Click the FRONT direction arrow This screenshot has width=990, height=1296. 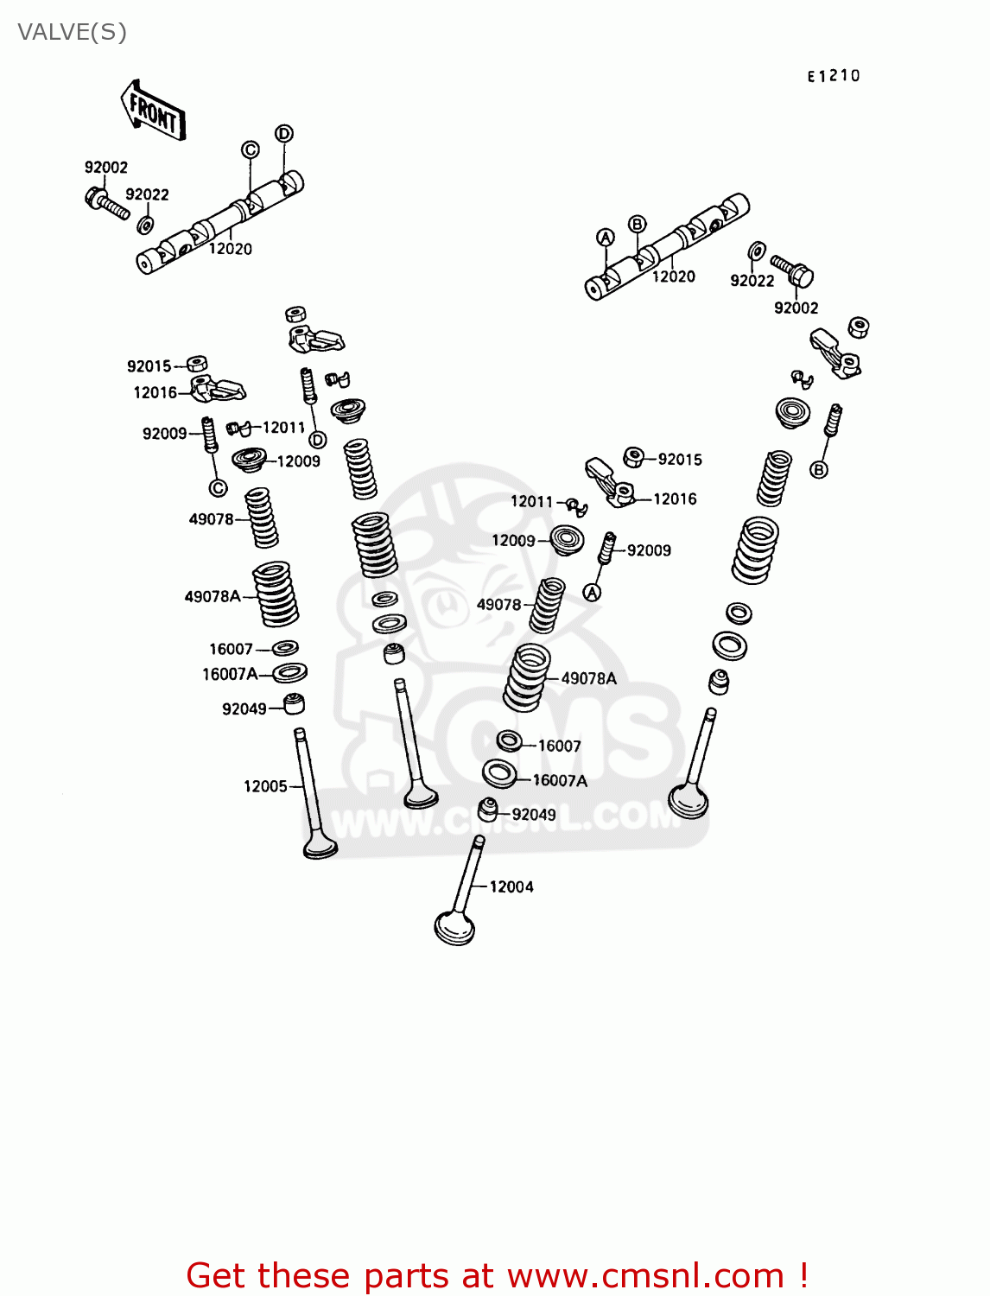coord(153,111)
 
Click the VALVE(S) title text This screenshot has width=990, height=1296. coord(72,32)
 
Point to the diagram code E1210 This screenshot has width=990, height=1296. coord(834,76)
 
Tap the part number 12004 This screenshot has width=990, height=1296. coord(511,886)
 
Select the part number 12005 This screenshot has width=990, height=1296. coord(264,786)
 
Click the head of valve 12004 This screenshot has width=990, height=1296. coord(454,928)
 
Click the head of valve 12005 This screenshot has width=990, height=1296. coord(320,846)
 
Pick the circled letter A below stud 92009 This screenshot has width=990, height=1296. coord(592,593)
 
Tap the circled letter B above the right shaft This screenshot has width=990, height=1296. coord(637,225)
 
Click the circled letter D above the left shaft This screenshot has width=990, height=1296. coord(284,133)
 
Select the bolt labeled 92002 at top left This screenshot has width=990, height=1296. coord(105,203)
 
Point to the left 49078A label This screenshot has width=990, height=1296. coord(212,596)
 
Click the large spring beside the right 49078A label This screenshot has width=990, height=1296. coord(527,677)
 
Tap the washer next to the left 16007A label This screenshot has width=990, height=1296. coord(289,672)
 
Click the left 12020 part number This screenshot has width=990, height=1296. coord(230,249)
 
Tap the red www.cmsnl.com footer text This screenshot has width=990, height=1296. coord(497,1275)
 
